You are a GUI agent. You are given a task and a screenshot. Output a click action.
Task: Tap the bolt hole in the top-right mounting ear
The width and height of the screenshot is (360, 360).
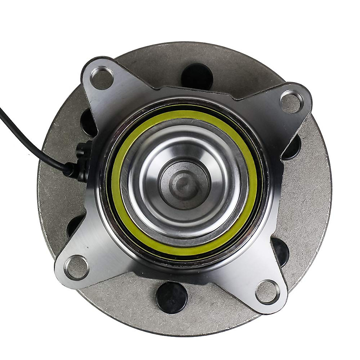click(x=290, y=101)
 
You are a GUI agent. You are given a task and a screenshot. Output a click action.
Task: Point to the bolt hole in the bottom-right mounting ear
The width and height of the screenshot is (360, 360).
click(x=267, y=289)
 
